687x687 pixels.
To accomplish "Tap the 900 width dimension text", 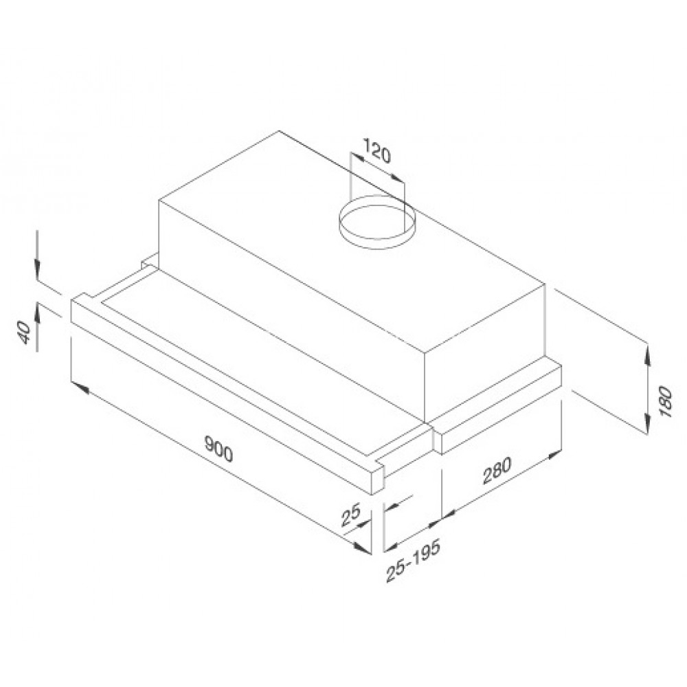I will click(219, 449).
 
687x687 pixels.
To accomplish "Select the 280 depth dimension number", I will click(497, 472).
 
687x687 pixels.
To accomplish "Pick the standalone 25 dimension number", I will click(352, 516).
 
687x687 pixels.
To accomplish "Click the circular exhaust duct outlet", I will click(376, 222).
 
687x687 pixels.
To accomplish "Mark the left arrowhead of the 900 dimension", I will click(80, 388).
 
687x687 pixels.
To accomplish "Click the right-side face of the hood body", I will click(484, 357).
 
